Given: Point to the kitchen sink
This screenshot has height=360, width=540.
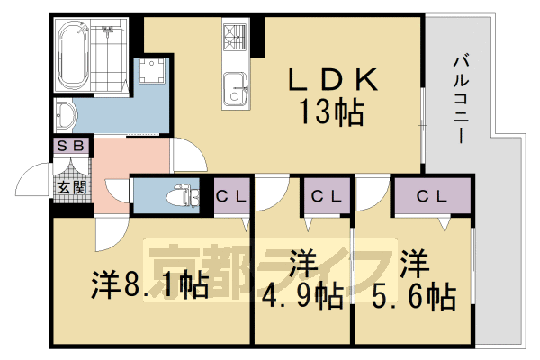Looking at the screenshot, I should click(x=238, y=87).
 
